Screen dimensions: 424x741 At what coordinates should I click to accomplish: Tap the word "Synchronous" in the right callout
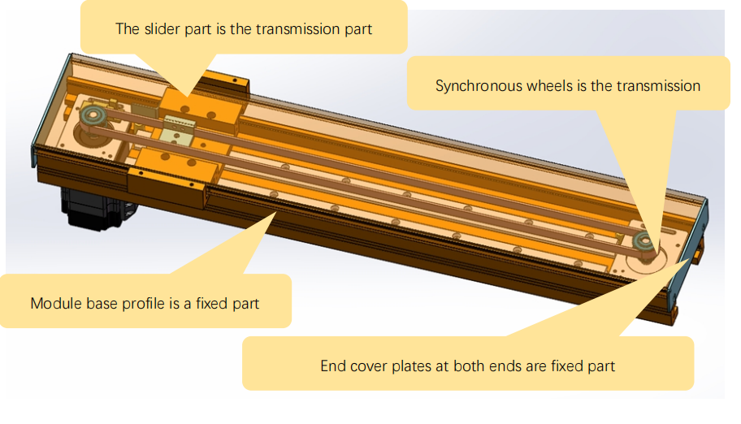point(474,85)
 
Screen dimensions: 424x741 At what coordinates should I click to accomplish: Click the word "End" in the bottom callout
point(332,366)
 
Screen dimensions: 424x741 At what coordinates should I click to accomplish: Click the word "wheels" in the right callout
point(544,85)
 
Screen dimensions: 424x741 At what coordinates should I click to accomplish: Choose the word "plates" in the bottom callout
point(410,366)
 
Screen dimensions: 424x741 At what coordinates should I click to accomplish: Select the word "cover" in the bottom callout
point(366,366)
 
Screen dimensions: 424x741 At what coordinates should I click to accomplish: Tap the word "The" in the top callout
point(128,29)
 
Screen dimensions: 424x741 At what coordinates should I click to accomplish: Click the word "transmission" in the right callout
point(659,85)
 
